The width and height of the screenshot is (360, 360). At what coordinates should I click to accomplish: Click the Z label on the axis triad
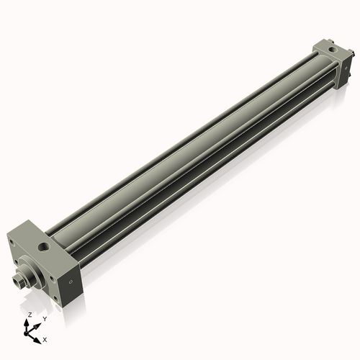[x=30, y=315]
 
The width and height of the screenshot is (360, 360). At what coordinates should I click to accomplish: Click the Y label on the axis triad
[x=45, y=318]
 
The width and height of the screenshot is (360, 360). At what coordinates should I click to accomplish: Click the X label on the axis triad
[x=45, y=338]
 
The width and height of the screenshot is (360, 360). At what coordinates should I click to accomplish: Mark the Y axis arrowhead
[x=38, y=323]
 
